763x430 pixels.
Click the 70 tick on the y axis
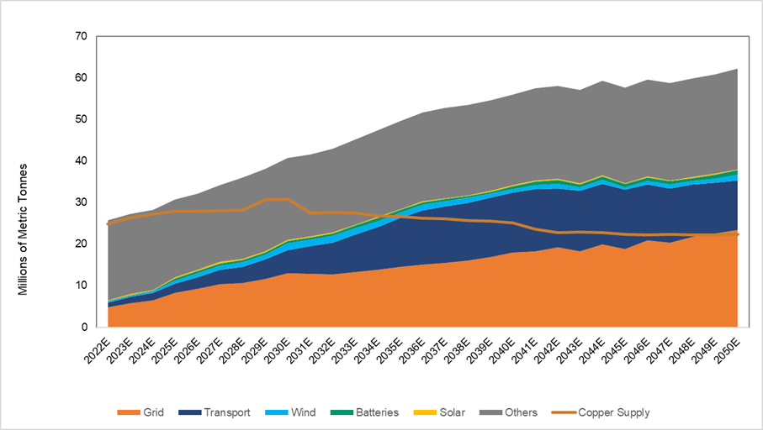pos(81,36)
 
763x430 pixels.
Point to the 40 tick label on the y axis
pos(81,160)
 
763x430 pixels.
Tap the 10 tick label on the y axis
pos(81,286)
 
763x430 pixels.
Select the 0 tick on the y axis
pos(83,327)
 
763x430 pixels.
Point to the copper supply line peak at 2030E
pos(288,199)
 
